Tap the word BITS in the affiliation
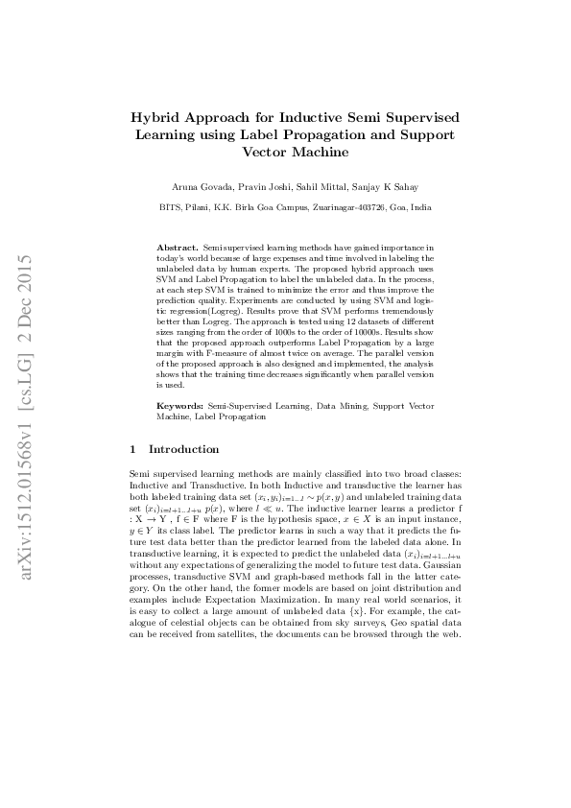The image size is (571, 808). click(170, 206)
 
